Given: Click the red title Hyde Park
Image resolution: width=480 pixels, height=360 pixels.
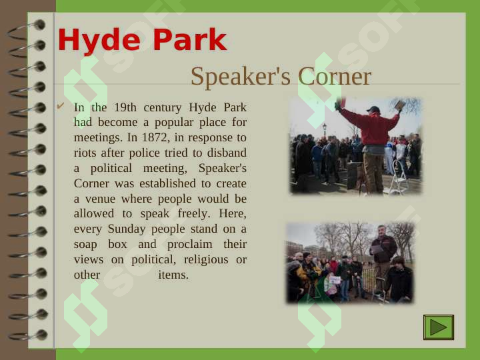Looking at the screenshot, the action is coord(143,40).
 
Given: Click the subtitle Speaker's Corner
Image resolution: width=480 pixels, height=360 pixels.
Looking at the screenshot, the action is coord(281,77).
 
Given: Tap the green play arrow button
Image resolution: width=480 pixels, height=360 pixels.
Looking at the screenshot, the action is coord(439,327).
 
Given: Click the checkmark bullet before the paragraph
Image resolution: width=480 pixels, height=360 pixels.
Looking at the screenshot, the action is coord(60,106).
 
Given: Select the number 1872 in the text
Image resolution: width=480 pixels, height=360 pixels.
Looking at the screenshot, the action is coord(155,137).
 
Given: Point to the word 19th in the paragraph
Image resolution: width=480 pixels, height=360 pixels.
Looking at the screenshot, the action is coord(125,107).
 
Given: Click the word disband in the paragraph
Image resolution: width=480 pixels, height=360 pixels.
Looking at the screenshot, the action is coord(227,153).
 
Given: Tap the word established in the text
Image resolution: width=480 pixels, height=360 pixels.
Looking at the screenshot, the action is coord(167,183).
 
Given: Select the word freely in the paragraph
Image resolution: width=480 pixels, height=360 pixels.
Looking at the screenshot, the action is coord(194,213).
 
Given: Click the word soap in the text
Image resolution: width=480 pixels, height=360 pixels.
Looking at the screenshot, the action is coord(85,244).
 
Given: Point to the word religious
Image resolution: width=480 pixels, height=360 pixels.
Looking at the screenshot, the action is coord(206,259).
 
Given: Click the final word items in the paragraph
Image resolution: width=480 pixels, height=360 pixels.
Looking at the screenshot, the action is coord(173,275).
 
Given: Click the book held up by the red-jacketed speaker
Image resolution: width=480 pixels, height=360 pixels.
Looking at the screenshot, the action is coord(399,105).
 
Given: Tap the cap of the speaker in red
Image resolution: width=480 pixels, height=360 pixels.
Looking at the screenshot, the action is coord(373,109).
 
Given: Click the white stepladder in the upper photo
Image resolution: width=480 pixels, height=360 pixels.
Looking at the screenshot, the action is coord(397,177).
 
